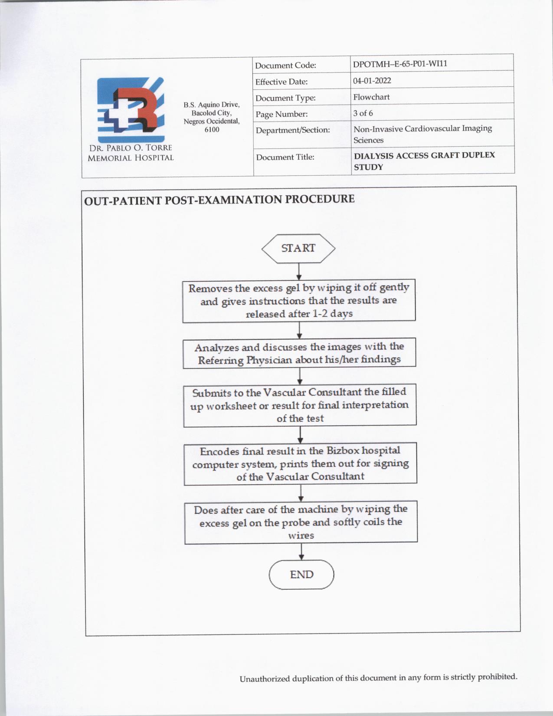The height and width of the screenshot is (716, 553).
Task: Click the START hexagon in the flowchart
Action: (298, 248)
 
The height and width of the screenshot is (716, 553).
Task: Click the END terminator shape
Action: (301, 575)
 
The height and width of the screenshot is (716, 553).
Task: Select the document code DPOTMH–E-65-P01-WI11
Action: (400, 64)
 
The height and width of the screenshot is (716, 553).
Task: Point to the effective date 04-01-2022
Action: (372, 81)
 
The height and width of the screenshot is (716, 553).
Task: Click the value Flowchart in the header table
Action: (371, 97)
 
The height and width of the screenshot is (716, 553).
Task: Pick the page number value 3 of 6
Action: (363, 113)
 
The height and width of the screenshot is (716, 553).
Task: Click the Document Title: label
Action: (285, 157)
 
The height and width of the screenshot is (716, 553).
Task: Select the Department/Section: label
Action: (293, 130)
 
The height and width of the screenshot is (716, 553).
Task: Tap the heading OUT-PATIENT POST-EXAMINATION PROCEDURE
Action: (219, 200)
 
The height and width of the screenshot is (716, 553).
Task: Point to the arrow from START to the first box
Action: (299, 272)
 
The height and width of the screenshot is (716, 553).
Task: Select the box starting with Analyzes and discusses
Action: (299, 353)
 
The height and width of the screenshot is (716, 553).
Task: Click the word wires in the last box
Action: (301, 535)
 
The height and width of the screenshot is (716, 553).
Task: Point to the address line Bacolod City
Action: (212, 113)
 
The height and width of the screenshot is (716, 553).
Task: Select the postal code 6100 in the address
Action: (212, 129)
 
